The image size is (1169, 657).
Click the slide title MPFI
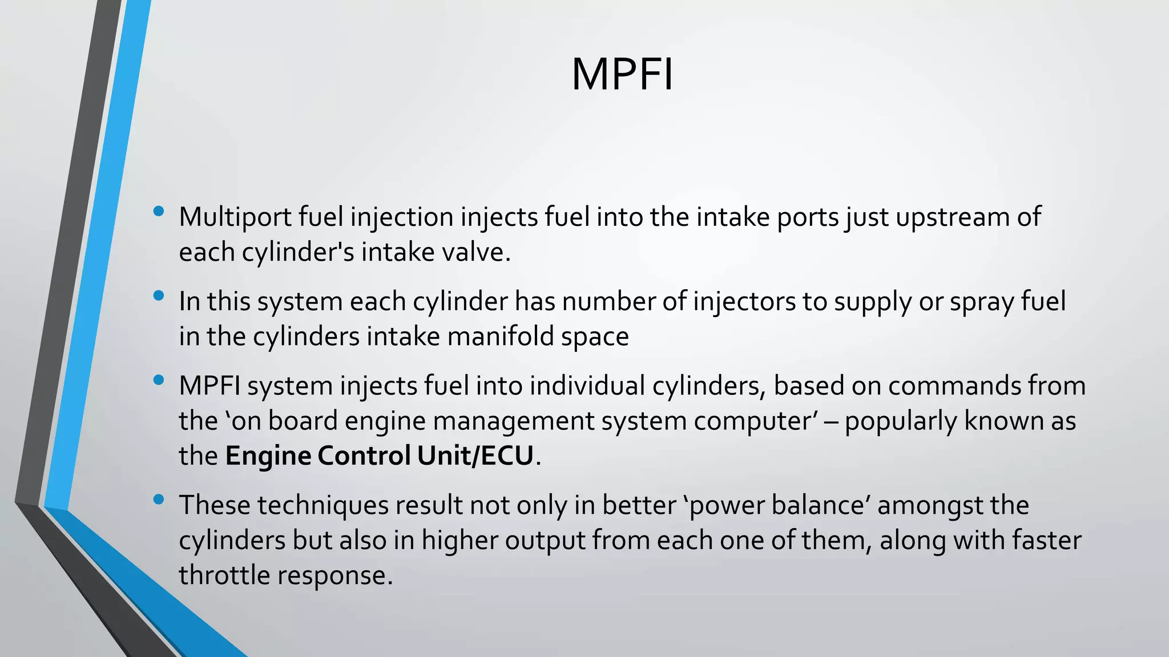point(622,75)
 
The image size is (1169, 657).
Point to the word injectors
point(744,302)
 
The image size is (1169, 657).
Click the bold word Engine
point(268,456)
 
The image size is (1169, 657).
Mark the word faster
point(1046,540)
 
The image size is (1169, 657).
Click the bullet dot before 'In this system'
point(159,295)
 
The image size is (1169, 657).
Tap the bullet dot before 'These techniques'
point(159,500)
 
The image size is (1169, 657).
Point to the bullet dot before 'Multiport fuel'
point(159,212)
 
